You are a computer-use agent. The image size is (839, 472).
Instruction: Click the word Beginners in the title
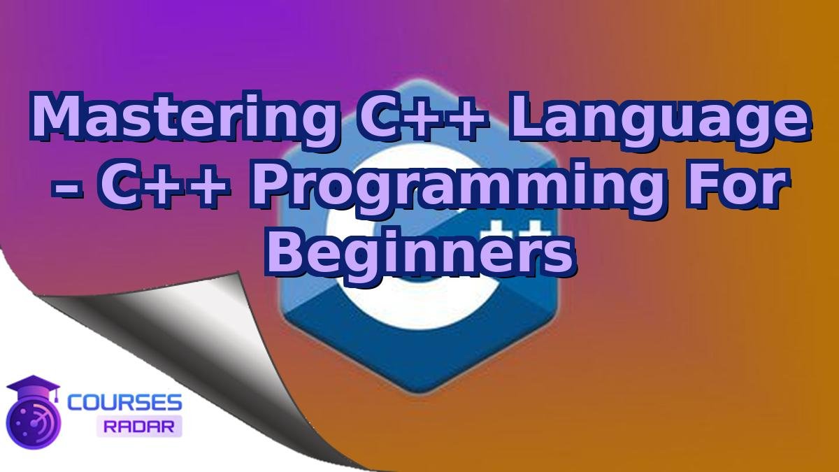(419, 250)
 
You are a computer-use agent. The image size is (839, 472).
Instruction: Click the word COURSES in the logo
(124, 402)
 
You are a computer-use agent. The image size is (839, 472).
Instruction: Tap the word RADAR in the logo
(138, 425)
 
